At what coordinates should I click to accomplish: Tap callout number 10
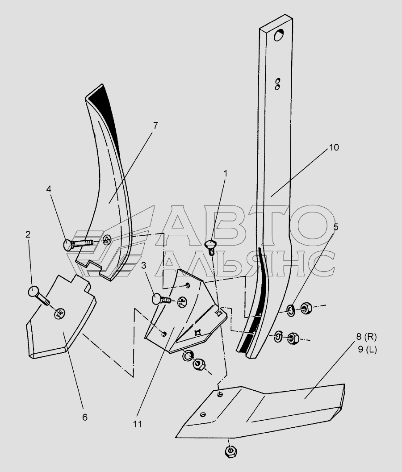(334, 147)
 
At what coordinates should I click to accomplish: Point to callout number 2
(28, 234)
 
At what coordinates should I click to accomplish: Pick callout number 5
(335, 226)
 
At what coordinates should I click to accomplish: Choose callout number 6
(84, 417)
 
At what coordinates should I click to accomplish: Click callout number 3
(144, 266)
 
